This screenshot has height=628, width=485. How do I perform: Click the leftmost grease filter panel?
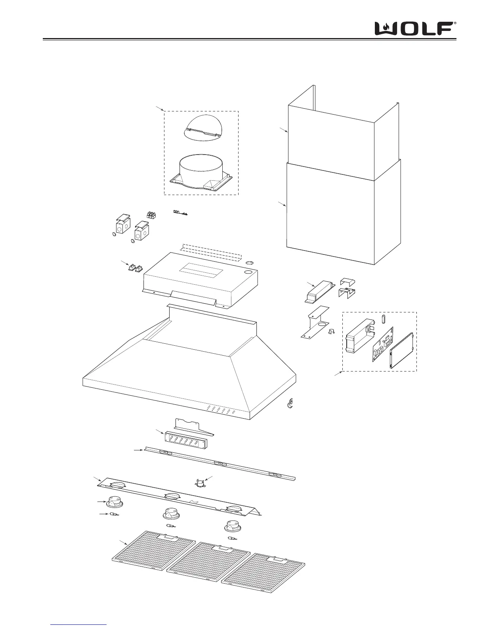[x=153, y=553]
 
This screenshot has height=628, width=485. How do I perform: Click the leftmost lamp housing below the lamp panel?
[x=113, y=503]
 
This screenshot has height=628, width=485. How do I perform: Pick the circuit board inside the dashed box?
[x=382, y=344]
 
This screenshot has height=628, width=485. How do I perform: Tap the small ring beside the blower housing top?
[x=250, y=262]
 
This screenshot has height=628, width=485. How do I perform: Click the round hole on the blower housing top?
[x=248, y=273]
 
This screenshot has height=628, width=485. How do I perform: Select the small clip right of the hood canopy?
[x=290, y=403]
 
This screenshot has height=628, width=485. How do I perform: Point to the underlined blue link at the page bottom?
[x=79, y=624]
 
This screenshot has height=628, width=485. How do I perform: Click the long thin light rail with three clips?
[x=220, y=463]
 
